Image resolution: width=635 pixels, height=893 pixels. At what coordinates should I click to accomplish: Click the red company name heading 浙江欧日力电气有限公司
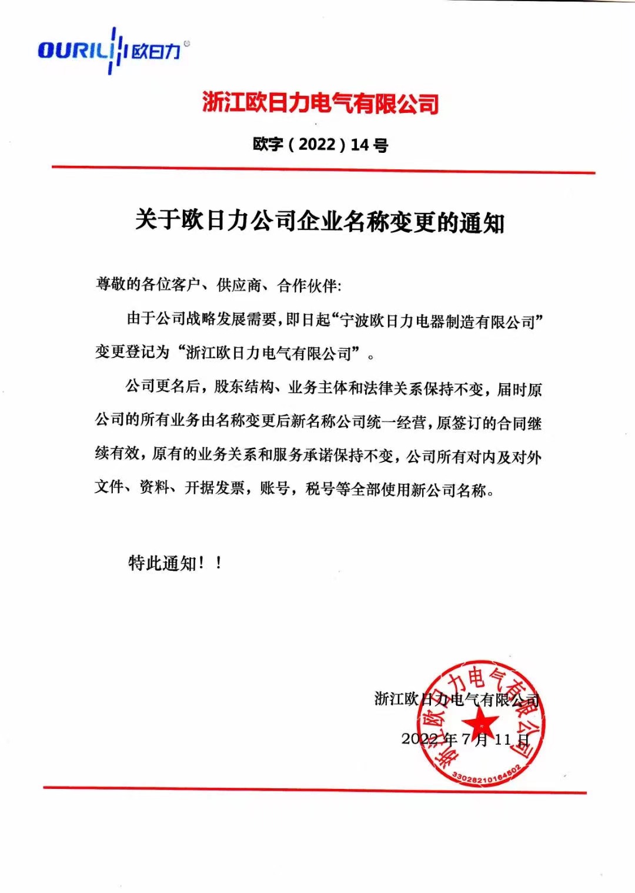click(320, 103)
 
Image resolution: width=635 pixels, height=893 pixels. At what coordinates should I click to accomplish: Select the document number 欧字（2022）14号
click(320, 144)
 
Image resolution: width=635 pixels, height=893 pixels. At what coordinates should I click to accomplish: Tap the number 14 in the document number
click(360, 145)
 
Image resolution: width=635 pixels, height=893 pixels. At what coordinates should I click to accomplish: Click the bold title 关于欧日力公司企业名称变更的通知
click(320, 221)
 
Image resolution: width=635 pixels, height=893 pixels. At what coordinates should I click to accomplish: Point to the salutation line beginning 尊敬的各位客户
click(218, 285)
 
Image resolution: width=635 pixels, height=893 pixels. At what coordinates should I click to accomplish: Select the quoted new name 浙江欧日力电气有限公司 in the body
click(268, 353)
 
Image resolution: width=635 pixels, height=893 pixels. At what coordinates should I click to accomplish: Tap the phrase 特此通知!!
click(175, 563)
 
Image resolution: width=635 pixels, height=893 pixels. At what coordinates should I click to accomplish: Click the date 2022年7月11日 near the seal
click(465, 739)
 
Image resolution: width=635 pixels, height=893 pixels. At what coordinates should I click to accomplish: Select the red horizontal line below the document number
click(323, 170)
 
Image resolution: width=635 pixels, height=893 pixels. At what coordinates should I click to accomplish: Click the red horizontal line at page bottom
click(315, 790)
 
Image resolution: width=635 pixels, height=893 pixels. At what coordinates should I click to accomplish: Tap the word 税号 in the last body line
click(320, 489)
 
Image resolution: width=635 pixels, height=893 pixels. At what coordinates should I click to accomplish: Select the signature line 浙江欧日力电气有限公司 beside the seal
click(456, 699)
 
